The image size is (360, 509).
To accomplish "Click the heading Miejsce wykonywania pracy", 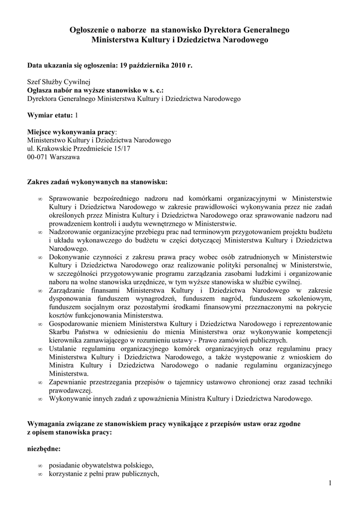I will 71,132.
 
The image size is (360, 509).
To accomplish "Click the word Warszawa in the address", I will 65,157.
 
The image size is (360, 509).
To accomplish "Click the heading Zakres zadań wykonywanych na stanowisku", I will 97,181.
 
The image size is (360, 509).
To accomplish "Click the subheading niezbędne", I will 44,449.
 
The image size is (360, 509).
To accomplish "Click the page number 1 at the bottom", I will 330,483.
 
